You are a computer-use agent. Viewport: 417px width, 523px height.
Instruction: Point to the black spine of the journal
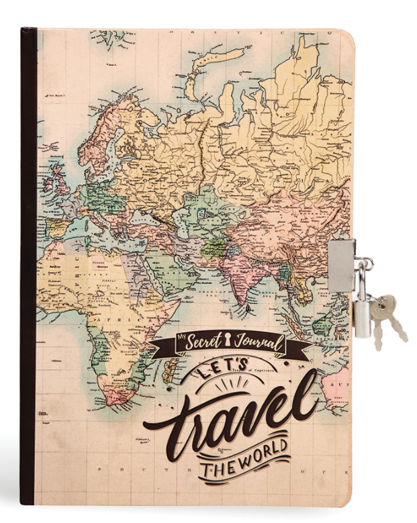click(28, 269)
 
